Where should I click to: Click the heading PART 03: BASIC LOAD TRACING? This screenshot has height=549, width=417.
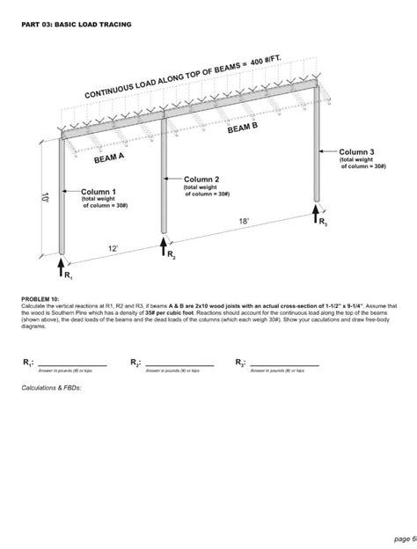point(77,25)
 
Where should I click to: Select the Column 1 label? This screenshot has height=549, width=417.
point(99,191)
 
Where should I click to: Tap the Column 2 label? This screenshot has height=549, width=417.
point(201,179)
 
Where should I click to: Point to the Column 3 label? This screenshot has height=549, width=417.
point(357,152)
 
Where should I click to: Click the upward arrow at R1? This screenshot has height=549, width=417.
point(62,264)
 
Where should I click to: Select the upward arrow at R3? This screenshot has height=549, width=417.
point(316,213)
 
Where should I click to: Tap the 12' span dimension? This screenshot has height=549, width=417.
point(113,249)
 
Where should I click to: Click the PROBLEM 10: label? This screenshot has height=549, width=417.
point(40,299)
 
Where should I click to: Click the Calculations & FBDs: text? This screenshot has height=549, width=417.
point(52,387)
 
